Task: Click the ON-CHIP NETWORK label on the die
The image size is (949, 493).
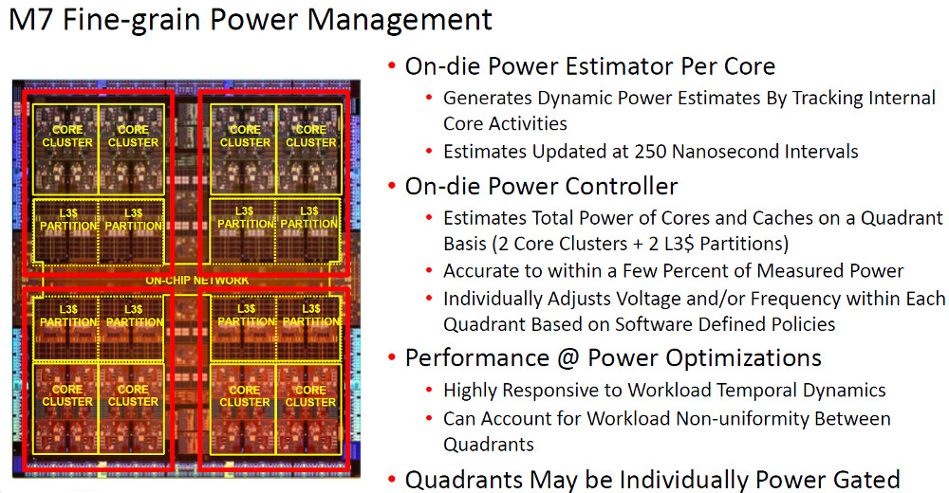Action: (196, 280)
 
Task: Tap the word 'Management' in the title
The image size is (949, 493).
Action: (400, 21)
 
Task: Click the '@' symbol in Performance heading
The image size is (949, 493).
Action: (568, 358)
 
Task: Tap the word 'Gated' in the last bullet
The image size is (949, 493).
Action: (866, 480)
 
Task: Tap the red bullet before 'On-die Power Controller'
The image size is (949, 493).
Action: (392, 187)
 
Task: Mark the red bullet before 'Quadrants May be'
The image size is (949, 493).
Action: (392, 481)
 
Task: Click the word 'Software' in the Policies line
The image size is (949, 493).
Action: (654, 324)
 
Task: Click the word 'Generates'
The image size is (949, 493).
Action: (488, 98)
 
